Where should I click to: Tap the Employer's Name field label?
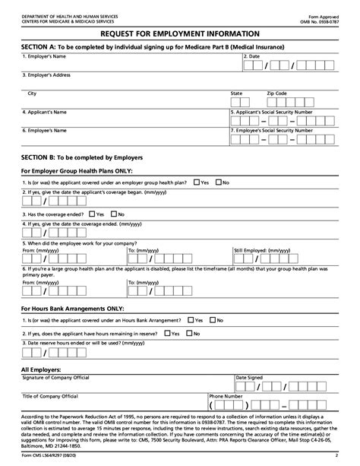(x=45, y=56)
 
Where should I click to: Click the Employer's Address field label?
(x=47, y=75)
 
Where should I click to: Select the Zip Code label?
(x=276, y=94)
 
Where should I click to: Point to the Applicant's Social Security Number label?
(x=273, y=112)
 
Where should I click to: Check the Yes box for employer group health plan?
(x=197, y=182)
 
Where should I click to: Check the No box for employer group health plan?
(x=217, y=182)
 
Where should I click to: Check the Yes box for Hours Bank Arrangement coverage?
(x=191, y=321)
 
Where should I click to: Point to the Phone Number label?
(x=226, y=396)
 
